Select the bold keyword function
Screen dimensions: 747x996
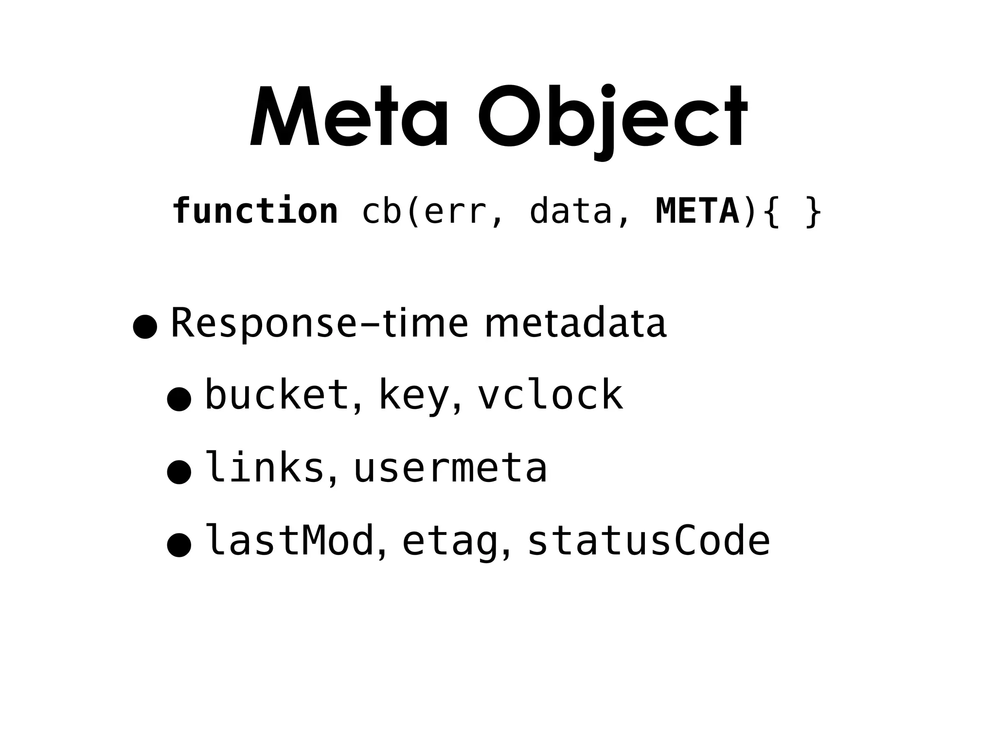pos(255,211)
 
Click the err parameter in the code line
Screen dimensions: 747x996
pos(455,211)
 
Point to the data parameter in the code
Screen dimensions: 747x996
pos(570,211)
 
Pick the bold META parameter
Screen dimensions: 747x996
pos(697,211)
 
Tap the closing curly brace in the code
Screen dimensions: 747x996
pos(813,212)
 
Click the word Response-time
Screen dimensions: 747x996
pos(320,323)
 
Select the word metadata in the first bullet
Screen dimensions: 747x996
pos(575,323)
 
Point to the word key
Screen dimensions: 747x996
pos(413,396)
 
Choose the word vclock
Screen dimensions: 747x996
pos(550,395)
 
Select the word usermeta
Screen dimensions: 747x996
pos(450,468)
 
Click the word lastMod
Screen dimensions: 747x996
pos(290,540)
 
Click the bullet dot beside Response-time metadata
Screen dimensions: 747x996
pos(145,327)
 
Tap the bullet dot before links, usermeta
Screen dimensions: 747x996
pos(179,472)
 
